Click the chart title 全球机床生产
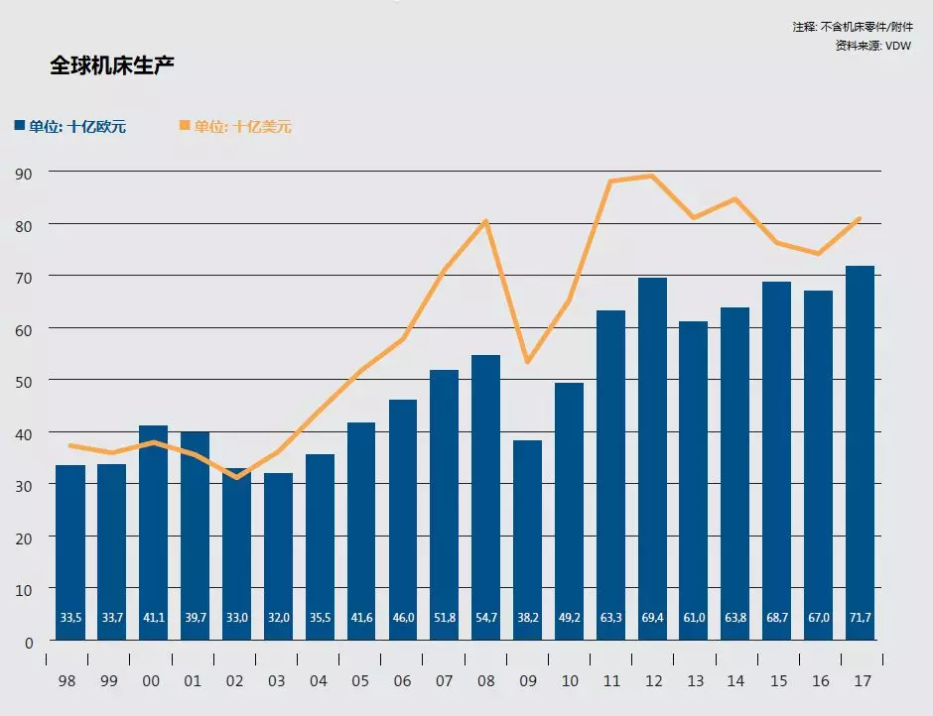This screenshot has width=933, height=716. coord(114,66)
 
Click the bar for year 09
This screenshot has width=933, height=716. coord(527,536)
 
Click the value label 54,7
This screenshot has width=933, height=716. coord(485,618)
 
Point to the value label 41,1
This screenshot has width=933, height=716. coord(153,618)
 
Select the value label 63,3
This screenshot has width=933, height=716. coord(610,618)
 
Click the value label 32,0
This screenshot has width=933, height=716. coord(278,618)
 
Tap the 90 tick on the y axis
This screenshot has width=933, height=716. coord(24,173)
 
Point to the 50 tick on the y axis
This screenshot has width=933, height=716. coord(24,381)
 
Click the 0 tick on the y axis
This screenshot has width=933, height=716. coord(29,642)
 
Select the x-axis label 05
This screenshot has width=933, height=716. coord(361,681)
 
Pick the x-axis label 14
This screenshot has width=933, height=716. coord(735,681)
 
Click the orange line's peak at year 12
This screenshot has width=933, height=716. coord(652,176)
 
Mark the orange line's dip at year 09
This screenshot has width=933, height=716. coord(527,362)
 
